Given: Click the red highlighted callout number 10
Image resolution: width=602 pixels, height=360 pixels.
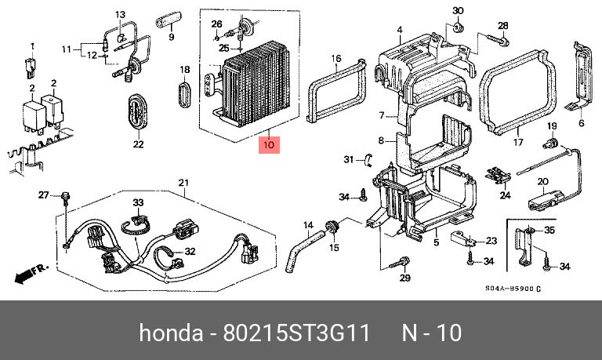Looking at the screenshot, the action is click(268, 144).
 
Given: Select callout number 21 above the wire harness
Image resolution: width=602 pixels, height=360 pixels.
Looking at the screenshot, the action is click(183, 184).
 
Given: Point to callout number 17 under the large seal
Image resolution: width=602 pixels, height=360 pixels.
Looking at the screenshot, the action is click(517, 143).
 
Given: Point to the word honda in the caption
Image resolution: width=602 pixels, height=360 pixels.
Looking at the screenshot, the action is click(170, 333).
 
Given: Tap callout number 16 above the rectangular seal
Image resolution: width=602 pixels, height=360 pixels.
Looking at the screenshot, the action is click(335, 59).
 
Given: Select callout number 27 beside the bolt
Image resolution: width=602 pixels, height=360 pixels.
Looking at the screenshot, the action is click(44, 195).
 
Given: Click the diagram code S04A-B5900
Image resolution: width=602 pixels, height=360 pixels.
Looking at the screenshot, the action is click(513, 289).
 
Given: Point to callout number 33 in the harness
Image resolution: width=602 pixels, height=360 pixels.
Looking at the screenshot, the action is click(138, 202).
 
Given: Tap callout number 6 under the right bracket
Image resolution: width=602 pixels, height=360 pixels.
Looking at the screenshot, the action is click(582, 122).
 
